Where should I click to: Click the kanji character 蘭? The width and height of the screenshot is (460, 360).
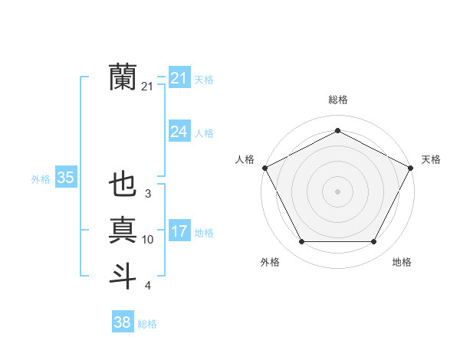point(123,77)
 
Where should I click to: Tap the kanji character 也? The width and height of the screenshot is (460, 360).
point(123,186)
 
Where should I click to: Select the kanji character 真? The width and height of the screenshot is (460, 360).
point(123,230)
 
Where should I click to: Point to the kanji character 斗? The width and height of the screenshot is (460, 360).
point(123,274)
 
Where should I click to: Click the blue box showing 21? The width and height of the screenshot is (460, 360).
point(179,78)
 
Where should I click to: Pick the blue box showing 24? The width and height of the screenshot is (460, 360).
point(179,132)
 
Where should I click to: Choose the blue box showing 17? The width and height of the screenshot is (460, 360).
point(179,231)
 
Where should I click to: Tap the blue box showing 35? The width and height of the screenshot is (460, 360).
point(65,178)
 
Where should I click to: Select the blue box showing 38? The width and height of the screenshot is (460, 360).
point(122,322)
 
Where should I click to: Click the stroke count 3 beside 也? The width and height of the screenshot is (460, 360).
point(148,195)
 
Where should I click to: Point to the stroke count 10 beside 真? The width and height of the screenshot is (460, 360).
point(148,240)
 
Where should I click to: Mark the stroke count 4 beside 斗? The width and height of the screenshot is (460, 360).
point(148,286)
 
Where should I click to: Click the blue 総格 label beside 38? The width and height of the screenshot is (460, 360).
point(147,324)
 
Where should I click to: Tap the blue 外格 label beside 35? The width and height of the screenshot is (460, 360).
point(41,179)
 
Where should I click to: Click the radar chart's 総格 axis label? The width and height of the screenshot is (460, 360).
point(337,100)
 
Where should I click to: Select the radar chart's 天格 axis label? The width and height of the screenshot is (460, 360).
point(431,159)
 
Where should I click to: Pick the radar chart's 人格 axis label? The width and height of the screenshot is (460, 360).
point(245,159)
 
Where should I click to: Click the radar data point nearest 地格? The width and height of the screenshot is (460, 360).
point(373,242)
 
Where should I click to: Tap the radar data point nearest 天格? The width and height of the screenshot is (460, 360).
point(411,167)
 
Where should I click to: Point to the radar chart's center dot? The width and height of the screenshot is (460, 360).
point(337,191)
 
